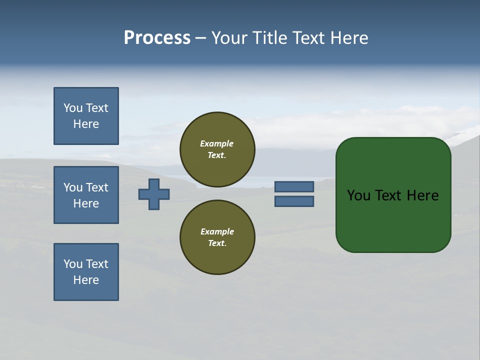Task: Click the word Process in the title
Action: [x=157, y=38]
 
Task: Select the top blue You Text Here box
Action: [x=86, y=116]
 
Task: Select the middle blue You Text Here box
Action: [x=86, y=195]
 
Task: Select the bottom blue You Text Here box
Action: [x=86, y=272]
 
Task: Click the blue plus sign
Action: [x=154, y=194]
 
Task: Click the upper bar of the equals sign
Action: [x=294, y=186]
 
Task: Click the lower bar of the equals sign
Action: [x=294, y=201]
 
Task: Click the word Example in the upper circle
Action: [x=217, y=143]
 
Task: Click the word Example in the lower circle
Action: [x=217, y=231]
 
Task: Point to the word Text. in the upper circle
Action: [x=217, y=155]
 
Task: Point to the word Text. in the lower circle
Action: [x=217, y=243]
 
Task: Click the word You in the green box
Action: [x=358, y=195]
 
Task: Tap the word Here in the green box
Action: [x=422, y=195]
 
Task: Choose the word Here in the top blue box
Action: [x=86, y=124]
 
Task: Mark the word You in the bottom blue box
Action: [x=73, y=264]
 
